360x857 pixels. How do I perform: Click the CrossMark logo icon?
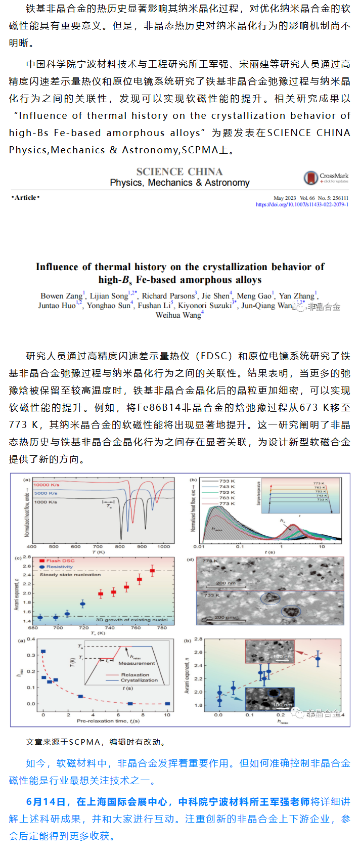point(310,178)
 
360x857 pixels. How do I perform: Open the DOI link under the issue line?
point(302,204)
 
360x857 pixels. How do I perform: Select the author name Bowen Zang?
point(62,296)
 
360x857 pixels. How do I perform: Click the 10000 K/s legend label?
point(47,485)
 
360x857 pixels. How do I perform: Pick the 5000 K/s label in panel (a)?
point(46,493)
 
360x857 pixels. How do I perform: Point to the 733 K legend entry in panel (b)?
point(227,481)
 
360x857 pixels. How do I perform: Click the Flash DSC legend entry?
point(60,561)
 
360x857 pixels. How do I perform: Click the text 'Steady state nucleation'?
point(70,575)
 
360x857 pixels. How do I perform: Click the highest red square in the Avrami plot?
point(152,571)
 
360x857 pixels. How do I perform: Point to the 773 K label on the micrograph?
point(210,561)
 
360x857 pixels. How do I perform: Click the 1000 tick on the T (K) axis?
point(164,546)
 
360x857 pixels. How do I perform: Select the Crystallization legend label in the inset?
point(139,680)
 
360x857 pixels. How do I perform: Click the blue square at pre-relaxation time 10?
point(167,704)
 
